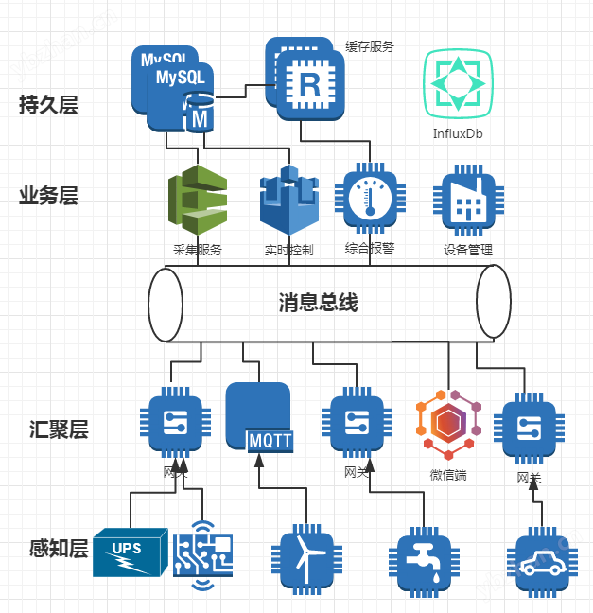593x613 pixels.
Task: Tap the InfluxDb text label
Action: pyautogui.click(x=459, y=134)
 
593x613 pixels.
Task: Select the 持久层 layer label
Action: pyautogui.click(x=48, y=105)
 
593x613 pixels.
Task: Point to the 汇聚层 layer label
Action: pyautogui.click(x=59, y=429)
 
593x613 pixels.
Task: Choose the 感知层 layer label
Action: pyautogui.click(x=59, y=549)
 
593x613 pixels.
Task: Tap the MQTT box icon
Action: pyautogui.click(x=258, y=417)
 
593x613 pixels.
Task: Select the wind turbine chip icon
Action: pyautogui.click(x=305, y=558)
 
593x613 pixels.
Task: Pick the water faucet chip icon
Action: pyautogui.click(x=419, y=559)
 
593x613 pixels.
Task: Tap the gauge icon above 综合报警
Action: pyautogui.click(x=370, y=200)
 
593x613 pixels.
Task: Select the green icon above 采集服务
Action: pyautogui.click(x=197, y=201)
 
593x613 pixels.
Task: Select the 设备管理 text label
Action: pyautogui.click(x=468, y=251)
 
